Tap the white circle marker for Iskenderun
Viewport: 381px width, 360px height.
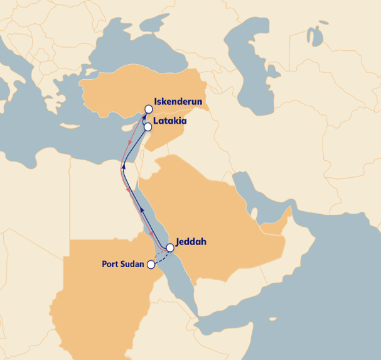[149, 109]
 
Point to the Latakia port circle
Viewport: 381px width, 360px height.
[148, 126]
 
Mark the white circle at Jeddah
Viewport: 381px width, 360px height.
[169, 247]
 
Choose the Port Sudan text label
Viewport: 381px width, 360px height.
[122, 264]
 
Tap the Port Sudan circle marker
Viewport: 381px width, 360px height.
[151, 265]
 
